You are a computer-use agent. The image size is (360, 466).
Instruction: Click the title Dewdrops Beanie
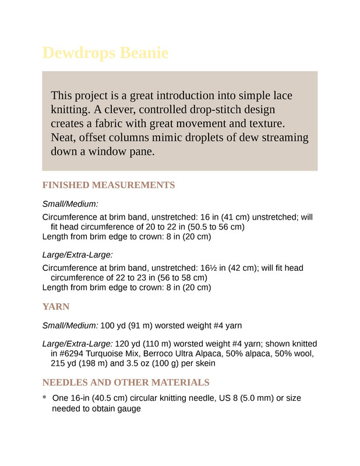(x=105, y=54)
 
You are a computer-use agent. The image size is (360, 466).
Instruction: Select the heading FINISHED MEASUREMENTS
(x=108, y=185)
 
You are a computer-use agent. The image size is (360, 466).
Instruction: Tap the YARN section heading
(x=56, y=306)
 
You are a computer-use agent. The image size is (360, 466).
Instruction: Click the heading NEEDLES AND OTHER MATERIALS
(x=126, y=383)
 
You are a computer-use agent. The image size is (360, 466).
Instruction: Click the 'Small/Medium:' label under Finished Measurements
(x=70, y=204)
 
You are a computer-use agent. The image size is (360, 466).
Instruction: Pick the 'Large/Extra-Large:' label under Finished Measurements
(x=77, y=255)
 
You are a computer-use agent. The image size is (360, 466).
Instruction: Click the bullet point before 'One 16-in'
(x=45, y=397)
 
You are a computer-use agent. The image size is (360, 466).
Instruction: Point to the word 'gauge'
(x=129, y=409)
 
